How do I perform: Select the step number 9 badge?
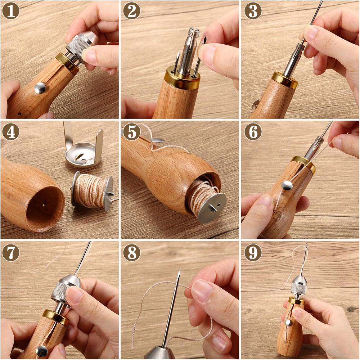[253, 253]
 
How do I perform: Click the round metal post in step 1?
[40, 87]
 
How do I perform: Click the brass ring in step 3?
[285, 80]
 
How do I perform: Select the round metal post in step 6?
[287, 185]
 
